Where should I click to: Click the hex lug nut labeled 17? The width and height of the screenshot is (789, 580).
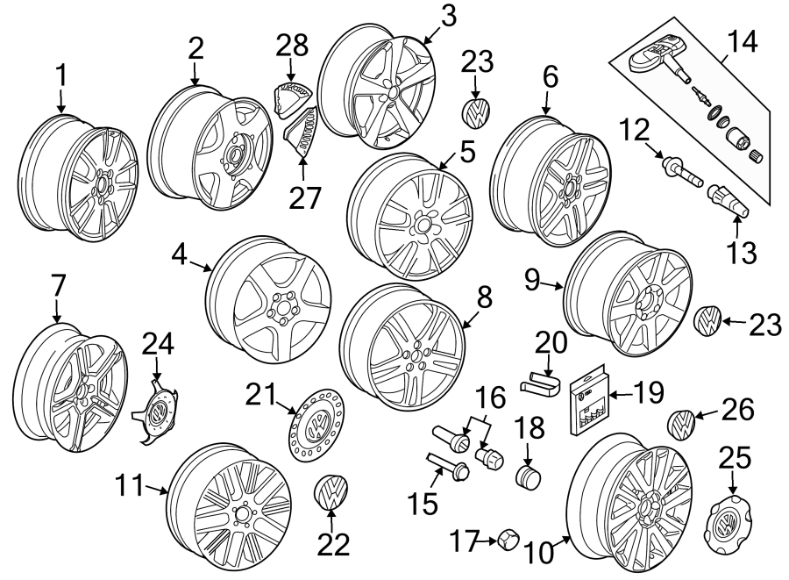tap(508, 541)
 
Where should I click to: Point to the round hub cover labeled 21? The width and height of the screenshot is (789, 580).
tap(316, 426)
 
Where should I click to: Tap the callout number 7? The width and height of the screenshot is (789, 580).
tap(58, 286)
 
